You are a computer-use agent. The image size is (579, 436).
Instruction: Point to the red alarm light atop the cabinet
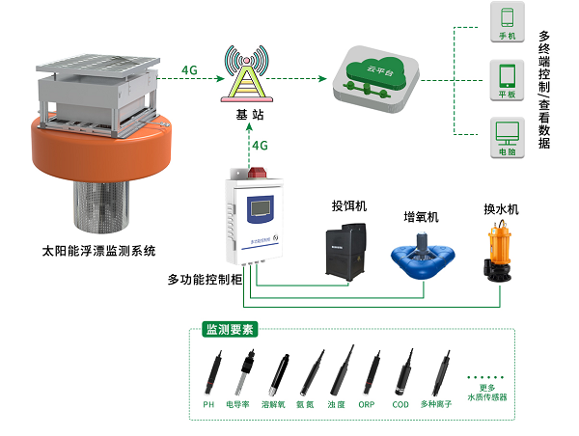[259, 176]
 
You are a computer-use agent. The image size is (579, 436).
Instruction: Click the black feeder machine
[346, 248]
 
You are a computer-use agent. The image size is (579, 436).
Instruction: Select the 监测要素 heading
[229, 329]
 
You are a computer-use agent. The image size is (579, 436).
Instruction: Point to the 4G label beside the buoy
[190, 69]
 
